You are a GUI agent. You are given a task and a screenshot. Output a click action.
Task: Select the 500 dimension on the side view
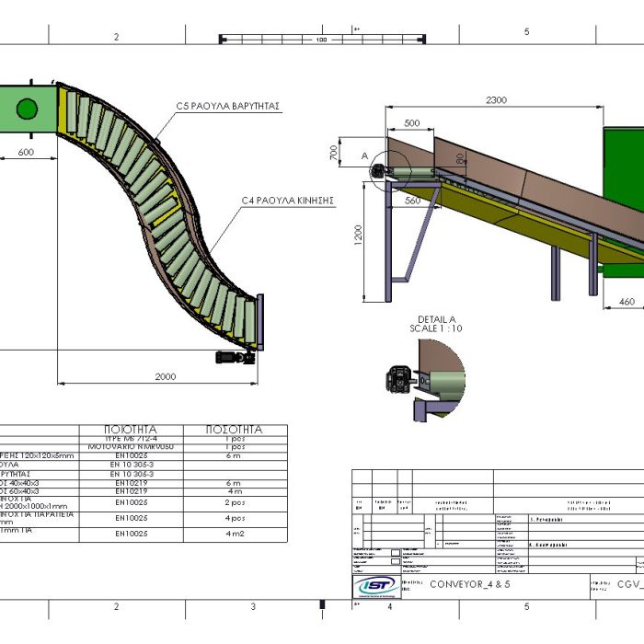[x=411, y=122]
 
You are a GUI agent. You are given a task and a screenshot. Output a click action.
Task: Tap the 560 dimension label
[x=412, y=200]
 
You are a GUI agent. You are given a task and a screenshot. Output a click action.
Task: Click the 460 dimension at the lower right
[x=627, y=302]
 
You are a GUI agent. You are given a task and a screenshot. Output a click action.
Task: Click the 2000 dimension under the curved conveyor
[x=165, y=376]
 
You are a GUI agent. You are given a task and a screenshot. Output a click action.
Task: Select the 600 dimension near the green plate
[x=26, y=153]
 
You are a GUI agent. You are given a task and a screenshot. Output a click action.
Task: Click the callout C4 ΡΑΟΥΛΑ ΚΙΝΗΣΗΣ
[x=286, y=200]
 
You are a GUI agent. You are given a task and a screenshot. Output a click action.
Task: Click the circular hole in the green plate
[x=27, y=109]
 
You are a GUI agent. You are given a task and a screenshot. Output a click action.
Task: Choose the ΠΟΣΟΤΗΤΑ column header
[x=236, y=430]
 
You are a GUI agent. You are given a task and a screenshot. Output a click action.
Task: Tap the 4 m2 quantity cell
[x=233, y=533]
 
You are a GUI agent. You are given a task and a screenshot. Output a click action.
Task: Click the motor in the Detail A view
[x=397, y=377]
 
